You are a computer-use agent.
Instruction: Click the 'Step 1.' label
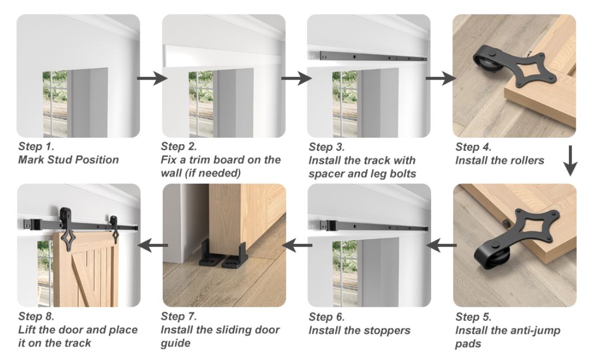[x=36, y=146]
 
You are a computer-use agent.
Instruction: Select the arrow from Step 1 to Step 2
[x=152, y=79]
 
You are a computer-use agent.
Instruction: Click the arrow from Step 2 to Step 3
[x=296, y=79]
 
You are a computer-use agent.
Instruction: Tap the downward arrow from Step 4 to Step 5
[x=570, y=160]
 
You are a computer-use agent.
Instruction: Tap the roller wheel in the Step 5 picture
[x=493, y=256]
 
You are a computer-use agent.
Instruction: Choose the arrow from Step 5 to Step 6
[x=441, y=245]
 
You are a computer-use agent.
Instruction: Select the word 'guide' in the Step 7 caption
[x=175, y=343]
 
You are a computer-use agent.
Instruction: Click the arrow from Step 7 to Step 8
[x=153, y=245]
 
